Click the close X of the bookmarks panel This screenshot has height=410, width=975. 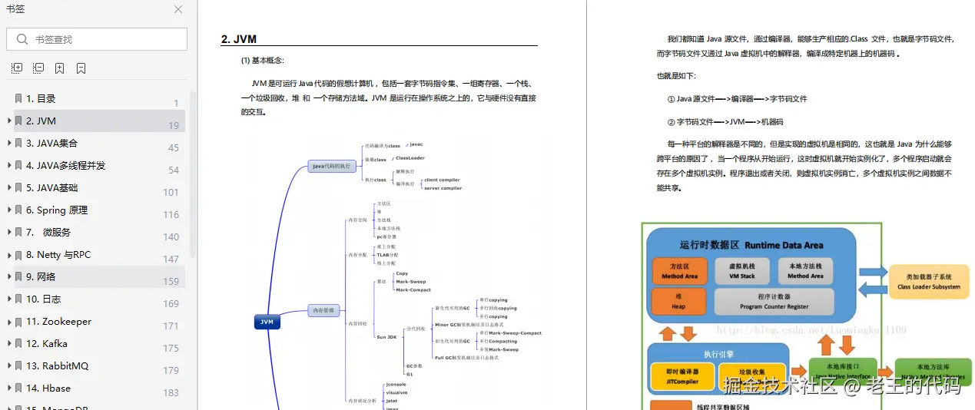[178, 9]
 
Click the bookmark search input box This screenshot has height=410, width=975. [97, 39]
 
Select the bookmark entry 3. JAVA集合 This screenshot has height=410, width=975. [51, 143]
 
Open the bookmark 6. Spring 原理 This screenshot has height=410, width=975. [57, 210]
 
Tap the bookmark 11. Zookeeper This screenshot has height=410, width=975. [58, 321]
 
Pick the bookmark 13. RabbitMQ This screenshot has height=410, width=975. [57, 365]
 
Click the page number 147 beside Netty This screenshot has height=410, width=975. [171, 259]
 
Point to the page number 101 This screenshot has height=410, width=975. [171, 192]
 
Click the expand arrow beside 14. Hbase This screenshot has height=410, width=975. [8, 388]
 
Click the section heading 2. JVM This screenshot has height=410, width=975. [239, 39]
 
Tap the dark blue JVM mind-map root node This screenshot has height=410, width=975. [267, 322]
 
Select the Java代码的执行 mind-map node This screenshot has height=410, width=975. [331, 166]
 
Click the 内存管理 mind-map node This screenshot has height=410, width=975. [322, 310]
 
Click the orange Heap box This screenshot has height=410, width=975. [678, 302]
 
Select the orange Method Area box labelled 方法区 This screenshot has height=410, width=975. [679, 270]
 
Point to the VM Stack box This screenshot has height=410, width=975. [741, 270]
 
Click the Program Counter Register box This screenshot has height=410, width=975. [773, 302]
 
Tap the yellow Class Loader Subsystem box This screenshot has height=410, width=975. [929, 282]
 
